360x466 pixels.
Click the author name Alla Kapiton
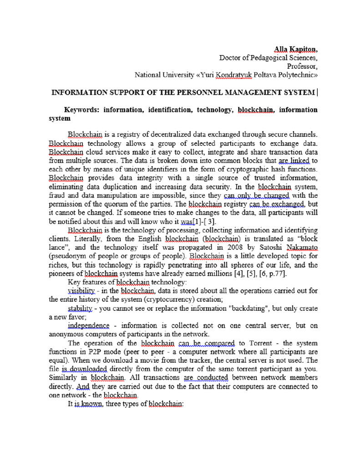click(295, 49)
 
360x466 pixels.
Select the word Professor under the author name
click(302, 66)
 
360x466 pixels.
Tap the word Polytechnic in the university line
click(298, 75)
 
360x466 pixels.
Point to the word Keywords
click(81, 110)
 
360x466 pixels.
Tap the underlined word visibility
click(81, 291)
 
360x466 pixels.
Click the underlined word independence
click(89, 326)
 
